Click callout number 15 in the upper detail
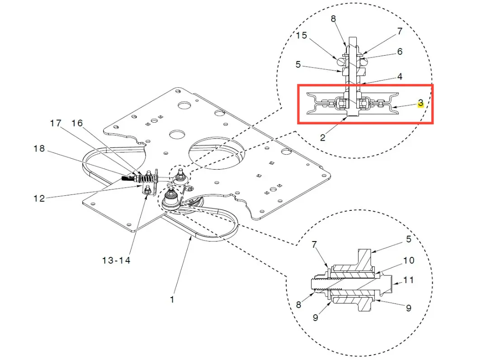click(302, 36)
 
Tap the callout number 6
click(400, 52)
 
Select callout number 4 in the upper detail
click(400, 76)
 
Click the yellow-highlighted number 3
click(421, 103)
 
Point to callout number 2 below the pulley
click(322, 137)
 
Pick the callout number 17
click(56, 123)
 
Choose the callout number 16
click(77, 123)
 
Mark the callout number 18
click(39, 148)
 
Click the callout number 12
click(39, 199)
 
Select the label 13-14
click(116, 261)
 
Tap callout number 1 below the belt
click(172, 299)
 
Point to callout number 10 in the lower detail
click(409, 261)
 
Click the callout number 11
click(408, 280)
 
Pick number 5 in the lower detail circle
click(409, 239)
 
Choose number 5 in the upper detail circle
click(298, 65)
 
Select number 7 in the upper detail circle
click(400, 31)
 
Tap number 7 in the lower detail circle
click(314, 244)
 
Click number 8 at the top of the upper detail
click(333, 19)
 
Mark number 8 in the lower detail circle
click(298, 305)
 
